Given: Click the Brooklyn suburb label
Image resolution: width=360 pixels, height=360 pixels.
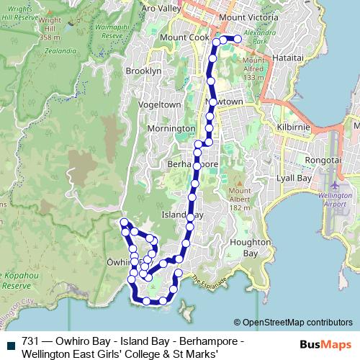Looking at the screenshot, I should coord(143,71).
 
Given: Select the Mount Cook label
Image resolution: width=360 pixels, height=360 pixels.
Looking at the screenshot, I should coord(184,37).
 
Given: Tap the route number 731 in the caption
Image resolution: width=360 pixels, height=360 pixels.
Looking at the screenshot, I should coord(30,340).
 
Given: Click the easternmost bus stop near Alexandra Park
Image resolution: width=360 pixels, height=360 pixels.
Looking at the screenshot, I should coord(238,39).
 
